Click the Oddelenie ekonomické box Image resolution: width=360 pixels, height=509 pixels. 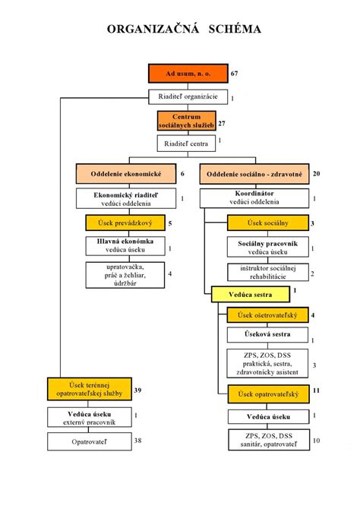(x=125, y=174)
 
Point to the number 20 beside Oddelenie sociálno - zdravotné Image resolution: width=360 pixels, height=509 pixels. (x=316, y=174)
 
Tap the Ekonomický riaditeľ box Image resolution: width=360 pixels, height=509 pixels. (x=125, y=198)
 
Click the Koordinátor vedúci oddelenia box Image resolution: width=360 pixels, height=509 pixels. (x=254, y=198)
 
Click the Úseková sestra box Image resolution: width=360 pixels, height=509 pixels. (x=268, y=336)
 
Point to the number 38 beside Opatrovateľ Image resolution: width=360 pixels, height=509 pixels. (x=138, y=440)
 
